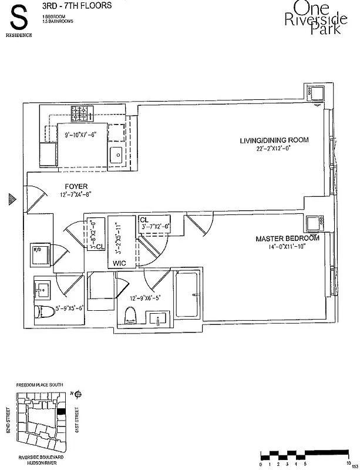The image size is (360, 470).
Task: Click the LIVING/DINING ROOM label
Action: pyautogui.click(x=274, y=140)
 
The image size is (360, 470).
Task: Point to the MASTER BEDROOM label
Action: pyautogui.click(x=287, y=239)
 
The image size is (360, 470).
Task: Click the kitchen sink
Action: pyautogui.click(x=115, y=155)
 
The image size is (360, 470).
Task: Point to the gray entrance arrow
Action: pyautogui.click(x=11, y=199)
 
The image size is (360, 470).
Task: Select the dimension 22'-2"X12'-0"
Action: pyautogui.click(x=274, y=149)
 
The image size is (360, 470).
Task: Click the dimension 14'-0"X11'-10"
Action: pyautogui.click(x=287, y=247)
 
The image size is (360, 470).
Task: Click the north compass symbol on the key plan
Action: pyautogui.click(x=78, y=394)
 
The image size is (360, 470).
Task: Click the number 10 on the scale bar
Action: pyautogui.click(x=349, y=464)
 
